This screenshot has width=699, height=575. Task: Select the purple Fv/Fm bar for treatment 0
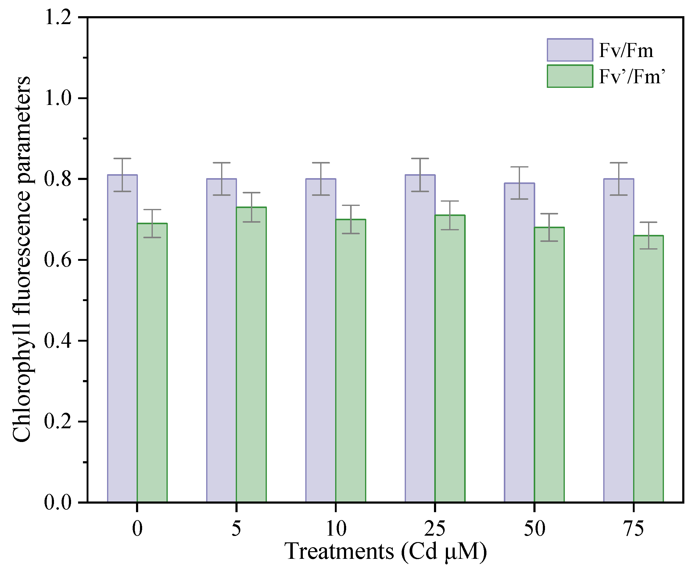point(122,338)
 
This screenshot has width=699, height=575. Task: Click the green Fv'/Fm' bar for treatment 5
point(251,354)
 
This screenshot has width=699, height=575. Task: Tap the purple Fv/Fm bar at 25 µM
point(420,338)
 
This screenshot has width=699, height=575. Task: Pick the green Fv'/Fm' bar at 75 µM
point(648,368)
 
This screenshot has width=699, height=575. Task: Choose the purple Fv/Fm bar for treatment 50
point(519,341)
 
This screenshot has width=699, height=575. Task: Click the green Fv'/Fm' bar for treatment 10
point(350,361)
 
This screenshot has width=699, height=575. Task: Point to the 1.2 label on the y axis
point(58,17)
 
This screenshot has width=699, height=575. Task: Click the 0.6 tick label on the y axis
point(58,260)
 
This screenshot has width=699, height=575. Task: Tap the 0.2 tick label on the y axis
point(58,422)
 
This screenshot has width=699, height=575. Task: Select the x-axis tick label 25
point(435,529)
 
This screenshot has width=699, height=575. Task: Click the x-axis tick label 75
point(633,529)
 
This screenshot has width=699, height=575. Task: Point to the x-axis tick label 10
point(336,529)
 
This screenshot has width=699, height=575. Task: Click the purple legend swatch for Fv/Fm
point(569,50)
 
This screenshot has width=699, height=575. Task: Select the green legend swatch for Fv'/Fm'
point(569,76)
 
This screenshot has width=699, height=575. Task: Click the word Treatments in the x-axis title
point(339,552)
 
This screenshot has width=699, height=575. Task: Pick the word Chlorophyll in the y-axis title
point(22,387)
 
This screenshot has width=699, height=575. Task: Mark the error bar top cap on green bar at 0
point(152,210)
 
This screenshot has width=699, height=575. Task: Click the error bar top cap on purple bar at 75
point(618,163)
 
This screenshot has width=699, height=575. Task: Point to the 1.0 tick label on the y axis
point(58,98)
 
